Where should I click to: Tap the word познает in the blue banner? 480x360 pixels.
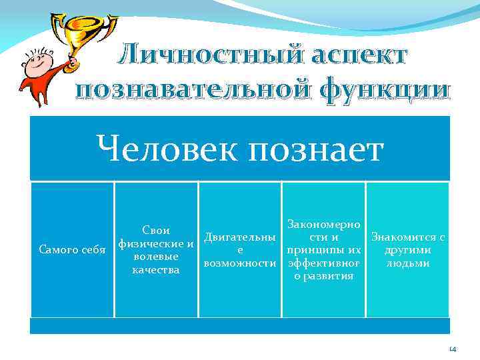[x=317, y=148]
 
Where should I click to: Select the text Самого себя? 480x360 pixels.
[x=72, y=250]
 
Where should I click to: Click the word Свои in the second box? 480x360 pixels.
[x=156, y=231]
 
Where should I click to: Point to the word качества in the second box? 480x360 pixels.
[x=156, y=270]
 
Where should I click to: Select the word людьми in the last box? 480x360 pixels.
[x=407, y=263]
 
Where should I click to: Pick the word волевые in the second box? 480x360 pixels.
[x=156, y=257]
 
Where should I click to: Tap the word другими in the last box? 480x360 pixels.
[x=407, y=250]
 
